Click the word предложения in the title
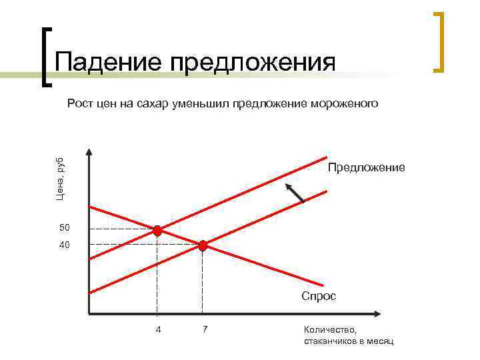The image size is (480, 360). (x=253, y=63)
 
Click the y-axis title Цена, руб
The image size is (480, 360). (x=59, y=178)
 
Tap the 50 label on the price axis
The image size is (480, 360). (x=65, y=229)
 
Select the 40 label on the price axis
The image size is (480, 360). (x=65, y=245)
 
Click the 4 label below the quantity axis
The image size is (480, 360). (x=158, y=329)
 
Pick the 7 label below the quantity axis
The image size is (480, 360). (x=205, y=329)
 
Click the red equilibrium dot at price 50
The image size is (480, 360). (x=157, y=231)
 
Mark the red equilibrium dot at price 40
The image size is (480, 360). (x=203, y=245)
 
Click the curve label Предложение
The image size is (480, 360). (x=366, y=167)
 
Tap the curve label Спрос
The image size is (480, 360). (x=319, y=296)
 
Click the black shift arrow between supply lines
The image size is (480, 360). (x=294, y=192)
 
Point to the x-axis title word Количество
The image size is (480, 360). (x=330, y=329)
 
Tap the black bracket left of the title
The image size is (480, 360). (x=46, y=57)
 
